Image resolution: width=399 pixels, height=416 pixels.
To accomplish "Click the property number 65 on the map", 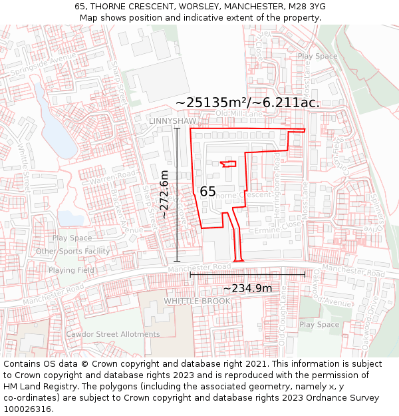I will pos(207,192).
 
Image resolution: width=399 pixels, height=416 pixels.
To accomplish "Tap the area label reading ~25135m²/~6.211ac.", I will pos(247,103).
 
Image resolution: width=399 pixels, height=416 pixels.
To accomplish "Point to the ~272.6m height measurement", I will pos(164,194).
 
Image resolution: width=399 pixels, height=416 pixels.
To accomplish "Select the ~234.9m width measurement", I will pos(247,288).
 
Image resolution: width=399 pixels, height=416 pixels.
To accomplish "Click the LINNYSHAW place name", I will pos(173,121).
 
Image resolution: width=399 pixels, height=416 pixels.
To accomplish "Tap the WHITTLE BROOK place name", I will pos(197,301).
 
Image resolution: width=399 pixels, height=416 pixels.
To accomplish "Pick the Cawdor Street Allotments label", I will pos(112,334).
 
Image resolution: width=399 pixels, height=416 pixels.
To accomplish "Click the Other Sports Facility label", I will pos(72,251).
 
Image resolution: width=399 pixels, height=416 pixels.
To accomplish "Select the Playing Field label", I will pos(71,270).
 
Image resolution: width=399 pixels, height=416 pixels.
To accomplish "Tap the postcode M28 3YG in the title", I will pos(307,7).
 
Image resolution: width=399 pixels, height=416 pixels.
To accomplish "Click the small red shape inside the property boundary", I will pos(228,164).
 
